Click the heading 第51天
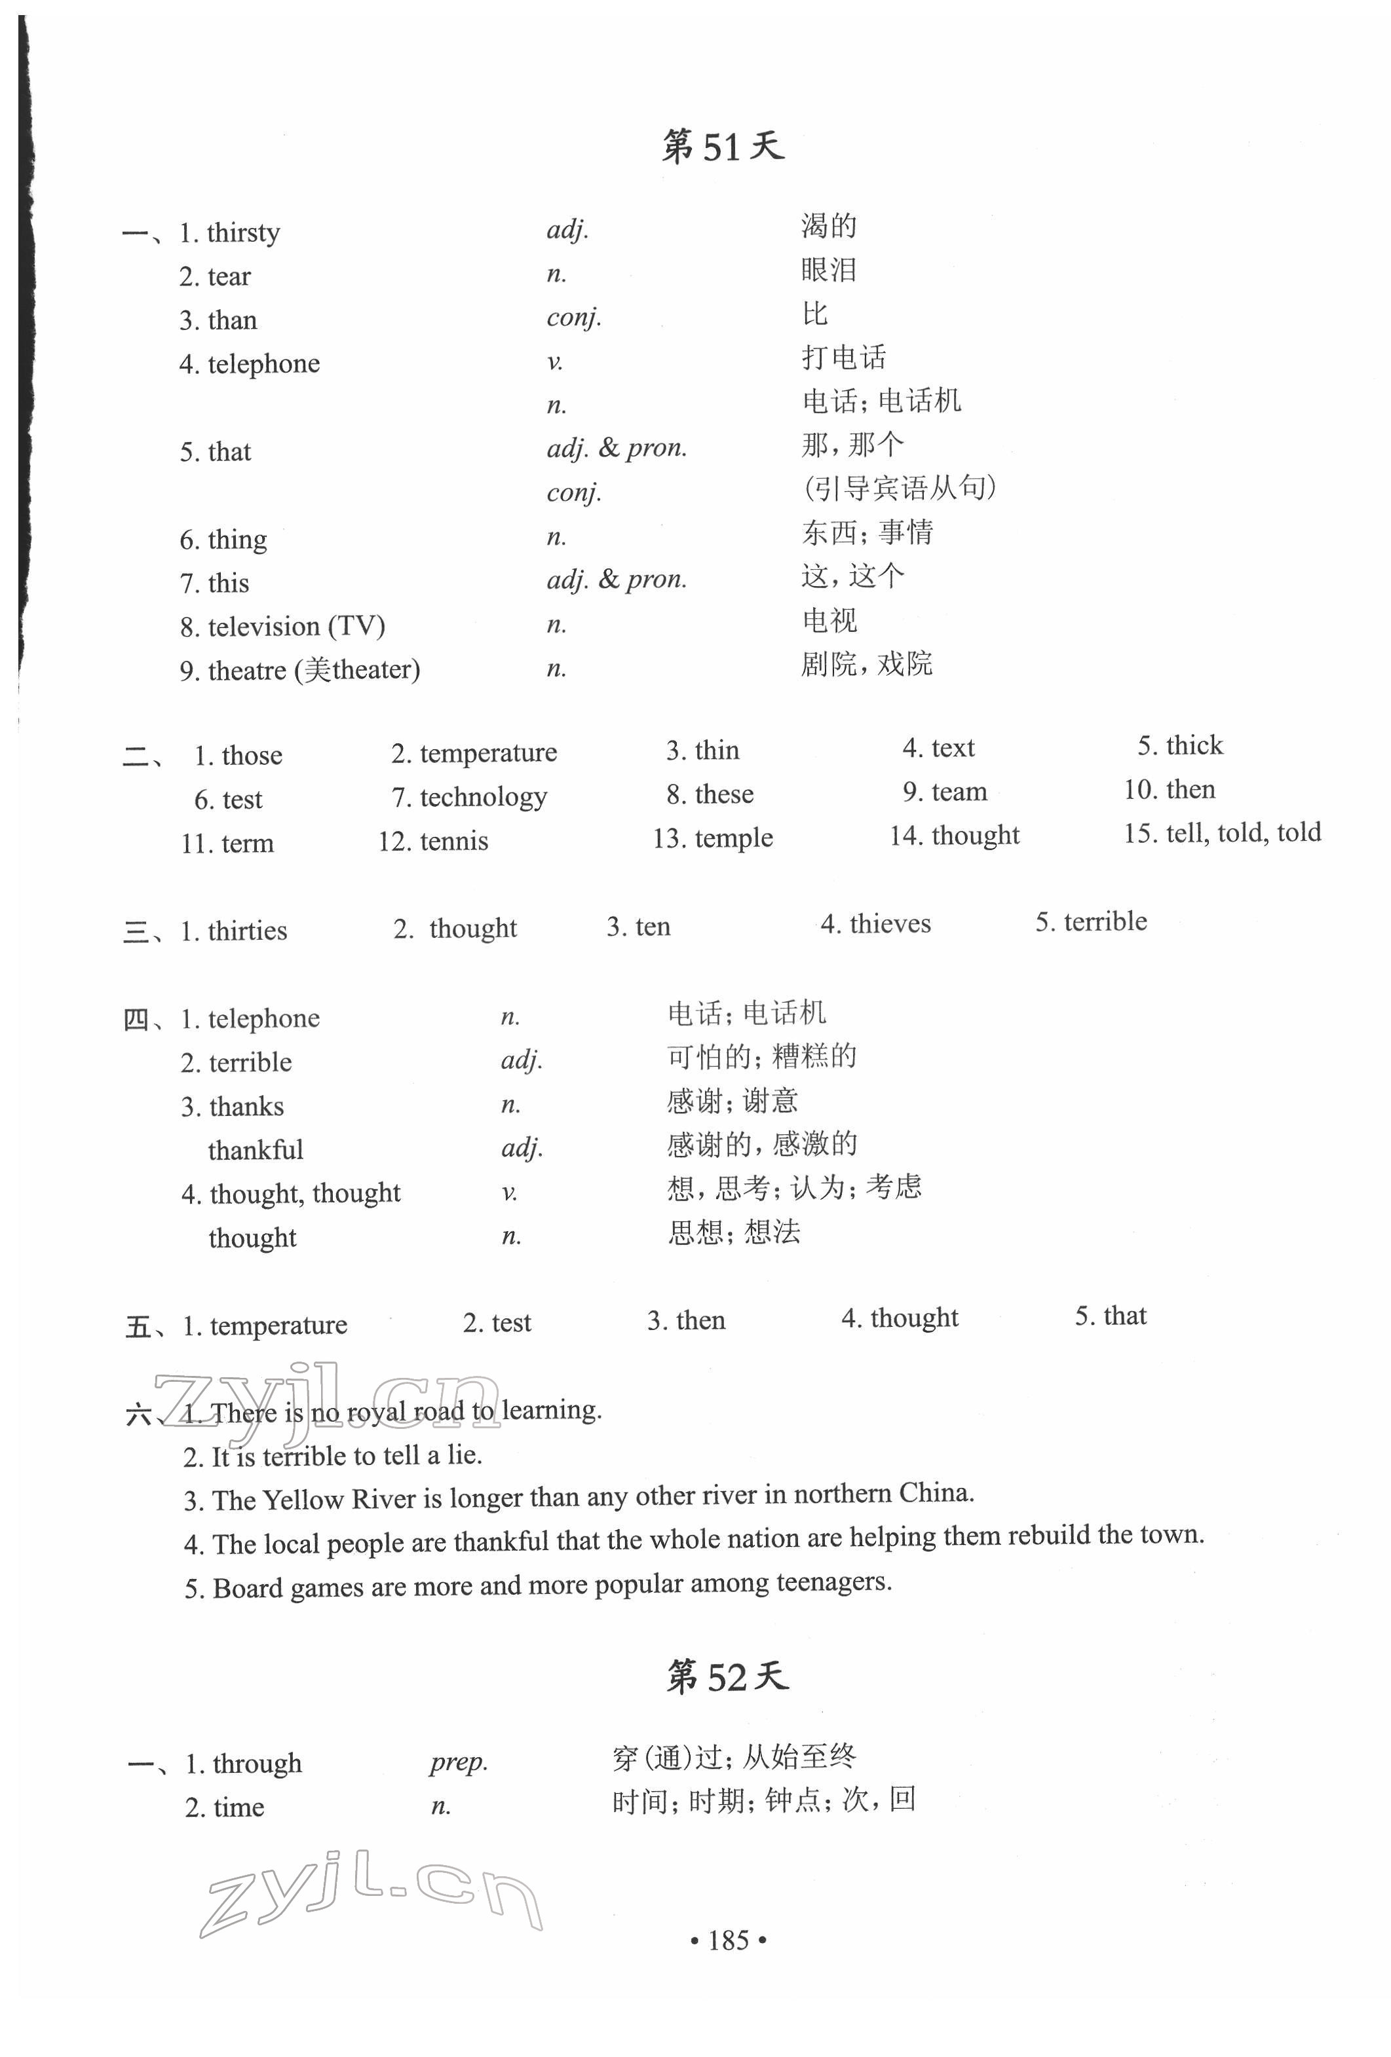pyautogui.click(x=723, y=147)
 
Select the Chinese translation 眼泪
pyautogui.click(x=829, y=270)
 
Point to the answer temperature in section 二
pyautogui.click(x=488, y=753)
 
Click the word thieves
pyautogui.click(x=890, y=924)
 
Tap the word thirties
pyautogui.click(x=247, y=931)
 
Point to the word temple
pyautogui.click(x=733, y=838)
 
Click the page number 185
pyautogui.click(x=728, y=1940)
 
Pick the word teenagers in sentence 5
pyautogui.click(x=832, y=1582)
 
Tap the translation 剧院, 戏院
pyautogui.click(x=867, y=664)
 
